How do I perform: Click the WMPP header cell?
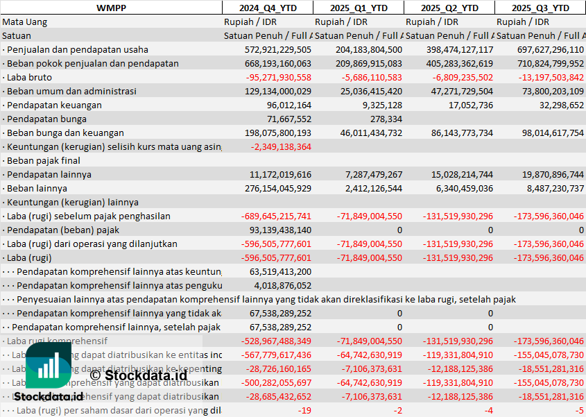[111, 8]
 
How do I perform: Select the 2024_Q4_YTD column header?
[267, 8]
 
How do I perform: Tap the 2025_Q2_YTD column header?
[449, 8]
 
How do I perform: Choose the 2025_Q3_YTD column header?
[540, 8]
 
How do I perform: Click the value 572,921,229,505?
[278, 49]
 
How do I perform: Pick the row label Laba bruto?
[27, 77]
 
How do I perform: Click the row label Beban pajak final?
[41, 160]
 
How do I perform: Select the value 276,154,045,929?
[278, 188]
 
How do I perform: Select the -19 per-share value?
[304, 410]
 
